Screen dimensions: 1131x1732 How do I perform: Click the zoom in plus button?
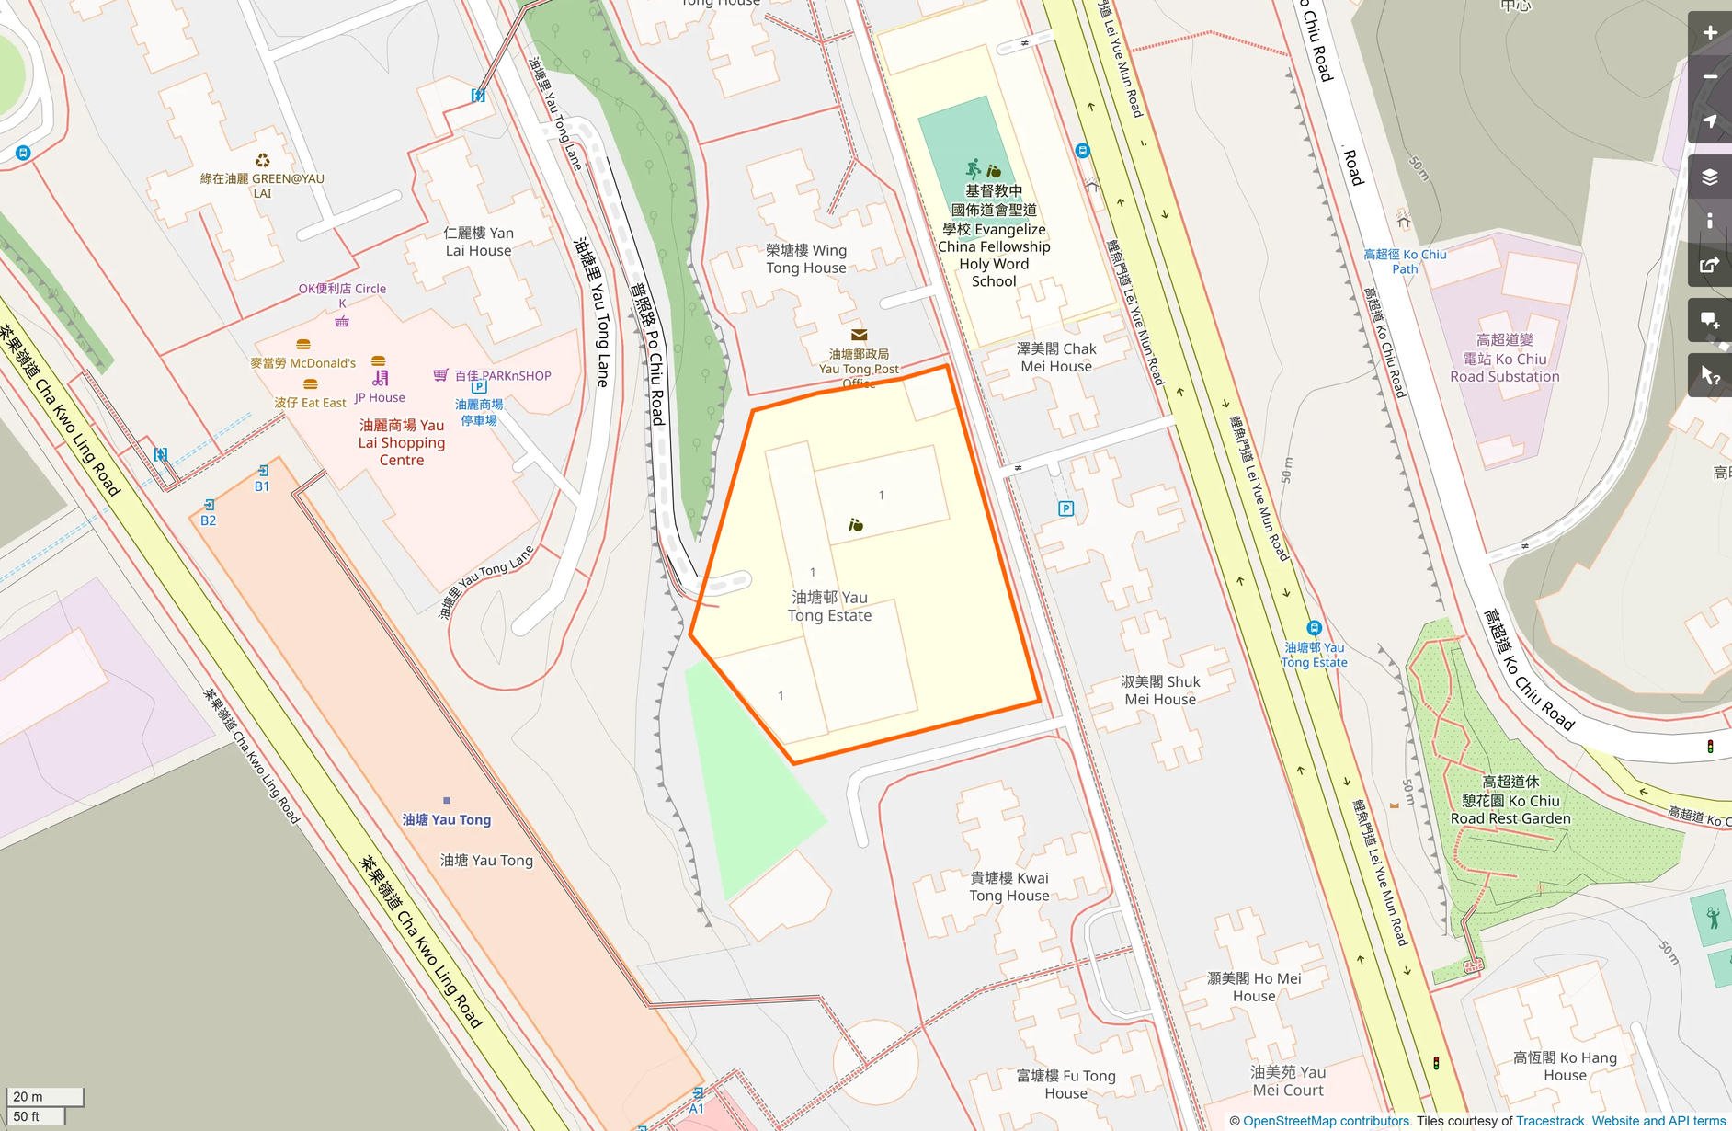pos(1709,33)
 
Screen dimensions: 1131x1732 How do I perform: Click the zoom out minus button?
pos(1709,77)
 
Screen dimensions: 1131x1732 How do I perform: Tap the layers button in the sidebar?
pos(1709,177)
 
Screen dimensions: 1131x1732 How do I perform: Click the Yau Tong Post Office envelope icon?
pos(859,335)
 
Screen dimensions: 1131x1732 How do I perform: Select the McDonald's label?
pos(302,362)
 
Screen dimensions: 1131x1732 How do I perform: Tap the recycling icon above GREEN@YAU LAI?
pos(263,161)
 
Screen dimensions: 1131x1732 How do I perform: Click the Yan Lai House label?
pos(478,241)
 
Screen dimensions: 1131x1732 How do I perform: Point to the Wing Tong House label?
pos(806,258)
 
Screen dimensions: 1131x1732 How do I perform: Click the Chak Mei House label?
pos(1056,357)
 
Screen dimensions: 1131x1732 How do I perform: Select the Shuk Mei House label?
pos(1160,690)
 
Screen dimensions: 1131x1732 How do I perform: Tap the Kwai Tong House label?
pos(1009,886)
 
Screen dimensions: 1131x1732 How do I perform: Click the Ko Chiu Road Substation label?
pos(1505,359)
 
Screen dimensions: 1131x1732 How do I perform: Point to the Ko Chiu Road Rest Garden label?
pos(1510,800)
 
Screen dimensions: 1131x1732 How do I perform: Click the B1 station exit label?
pos(262,486)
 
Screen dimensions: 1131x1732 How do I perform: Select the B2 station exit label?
pos(209,520)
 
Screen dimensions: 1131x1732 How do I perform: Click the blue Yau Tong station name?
pos(447,819)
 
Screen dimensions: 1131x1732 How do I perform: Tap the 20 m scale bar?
pos(44,1096)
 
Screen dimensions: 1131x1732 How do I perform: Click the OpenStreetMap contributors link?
pos(1326,1121)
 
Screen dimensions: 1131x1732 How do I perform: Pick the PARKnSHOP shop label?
pos(503,375)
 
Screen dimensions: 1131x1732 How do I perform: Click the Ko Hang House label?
pos(1565,1066)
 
